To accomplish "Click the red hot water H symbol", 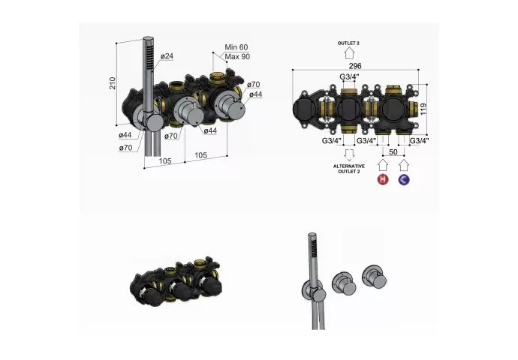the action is (x=383, y=179).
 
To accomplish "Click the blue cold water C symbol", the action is (x=404, y=179).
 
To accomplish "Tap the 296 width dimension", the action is (x=355, y=66).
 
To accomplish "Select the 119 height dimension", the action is (x=423, y=109).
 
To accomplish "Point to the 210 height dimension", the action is (x=113, y=82).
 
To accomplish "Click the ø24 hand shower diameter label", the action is (x=167, y=56).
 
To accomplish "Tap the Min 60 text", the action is (x=236, y=47).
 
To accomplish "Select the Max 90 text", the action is (x=237, y=56).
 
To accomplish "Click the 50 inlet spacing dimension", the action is (x=393, y=151).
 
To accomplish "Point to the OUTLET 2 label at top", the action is (x=348, y=43).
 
